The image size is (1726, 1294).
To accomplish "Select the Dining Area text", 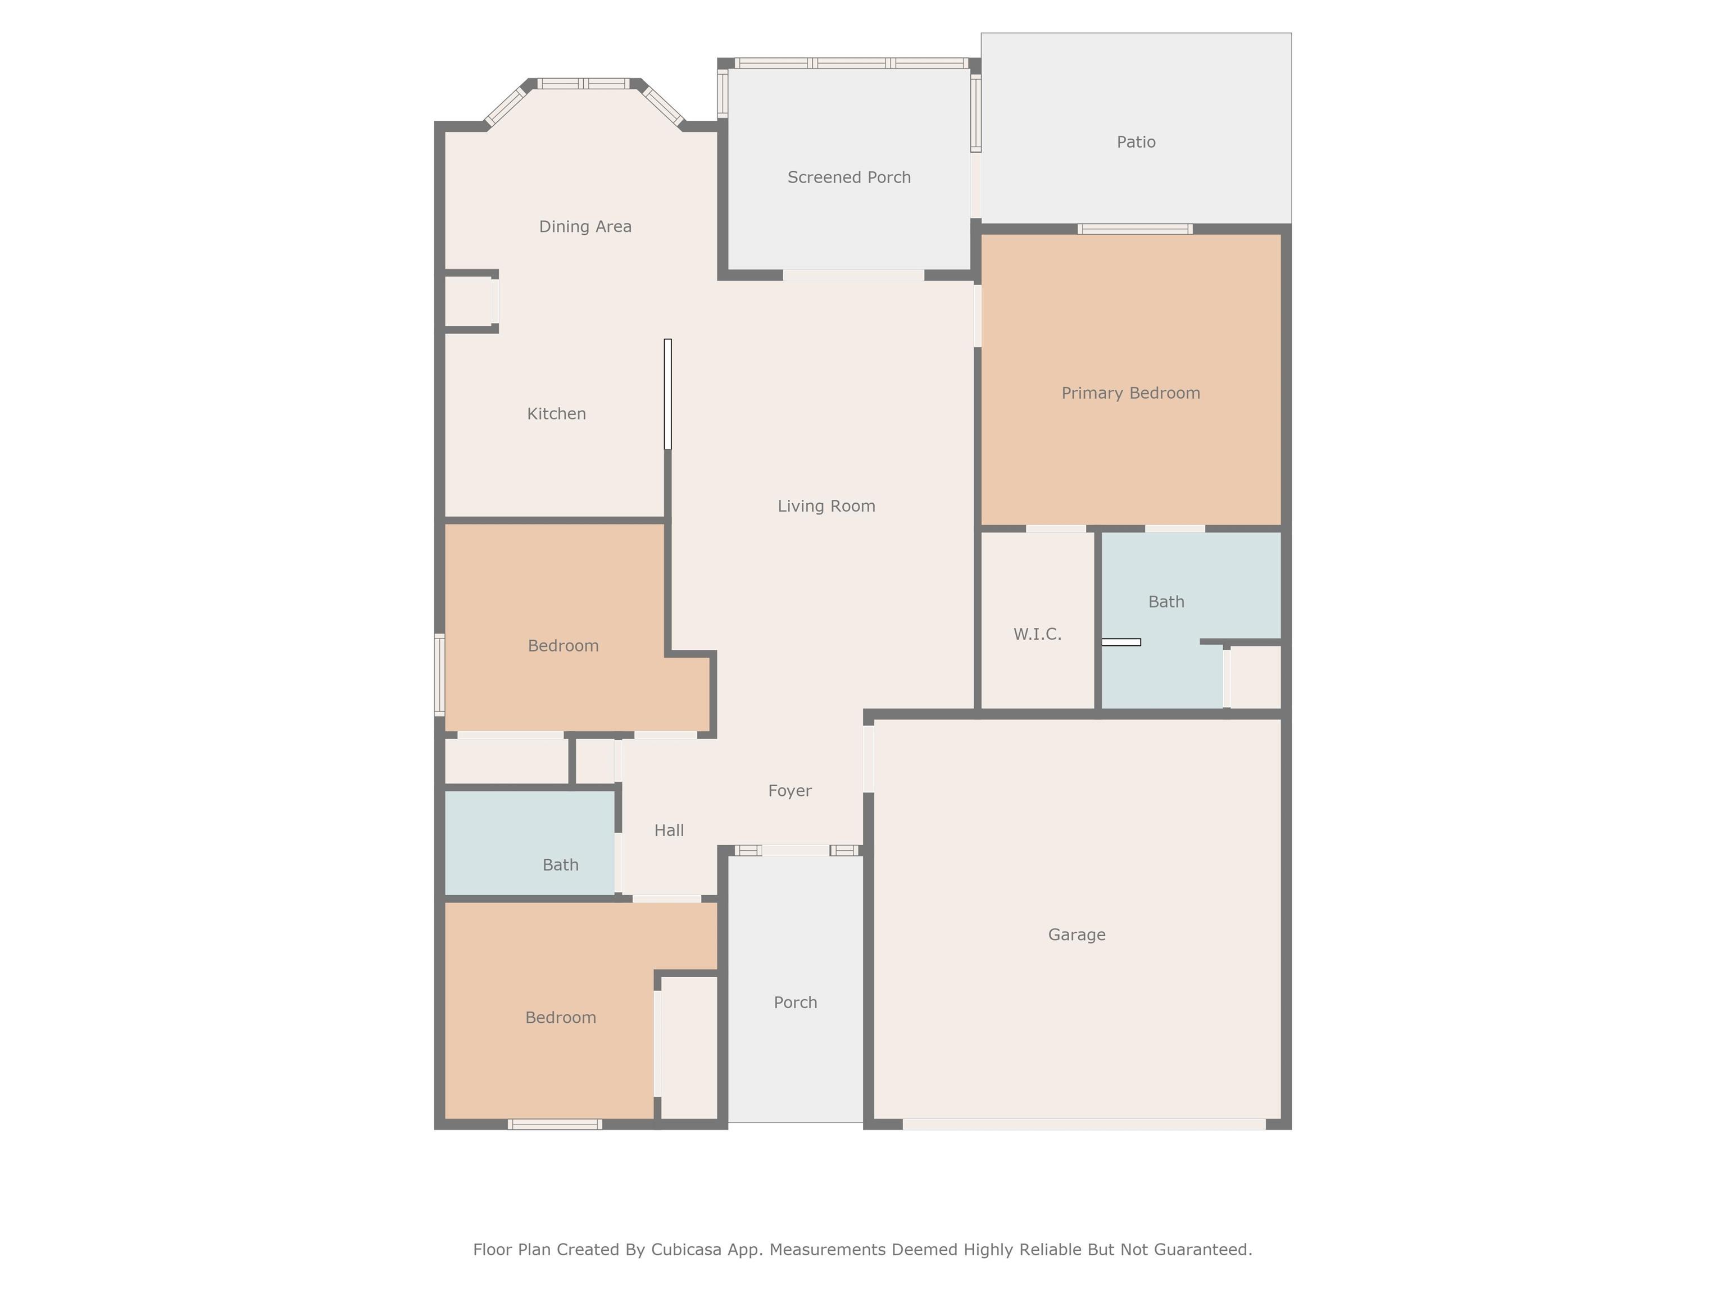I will click(585, 227).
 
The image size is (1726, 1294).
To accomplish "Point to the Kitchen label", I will click(556, 414).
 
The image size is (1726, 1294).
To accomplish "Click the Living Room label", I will click(826, 506).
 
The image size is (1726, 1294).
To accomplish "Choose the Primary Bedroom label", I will click(1130, 393).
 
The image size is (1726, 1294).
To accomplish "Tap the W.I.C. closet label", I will click(1037, 634).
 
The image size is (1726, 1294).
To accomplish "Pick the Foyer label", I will click(789, 791).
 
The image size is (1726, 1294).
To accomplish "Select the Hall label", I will click(669, 831).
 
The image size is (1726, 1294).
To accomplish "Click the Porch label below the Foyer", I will click(795, 1003).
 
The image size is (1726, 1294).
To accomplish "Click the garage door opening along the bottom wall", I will click(1084, 1124).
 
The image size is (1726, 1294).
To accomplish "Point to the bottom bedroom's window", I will click(555, 1124).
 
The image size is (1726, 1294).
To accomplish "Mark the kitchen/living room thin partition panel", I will click(668, 394).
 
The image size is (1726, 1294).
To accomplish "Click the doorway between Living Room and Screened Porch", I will click(853, 275).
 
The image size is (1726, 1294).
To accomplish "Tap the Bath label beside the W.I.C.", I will click(1166, 602).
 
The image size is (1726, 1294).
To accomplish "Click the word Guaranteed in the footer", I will click(1202, 1250).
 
